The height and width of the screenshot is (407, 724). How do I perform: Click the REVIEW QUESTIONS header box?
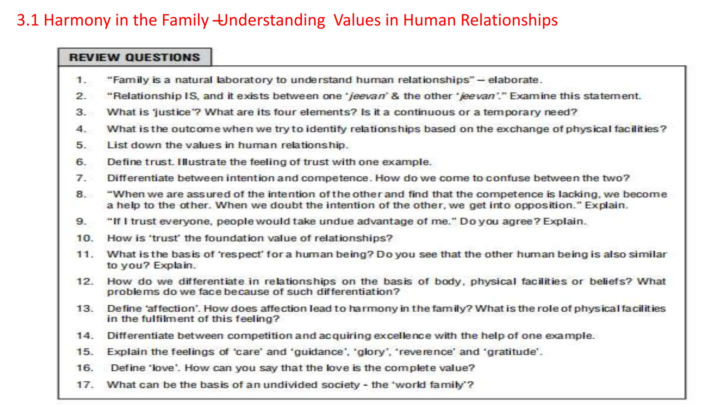click(x=135, y=57)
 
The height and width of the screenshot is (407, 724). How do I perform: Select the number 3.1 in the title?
click(x=28, y=20)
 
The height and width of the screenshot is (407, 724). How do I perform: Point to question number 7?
click(x=81, y=178)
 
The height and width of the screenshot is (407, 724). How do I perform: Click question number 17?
click(x=85, y=384)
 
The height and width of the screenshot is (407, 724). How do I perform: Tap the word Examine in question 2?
click(x=532, y=96)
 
